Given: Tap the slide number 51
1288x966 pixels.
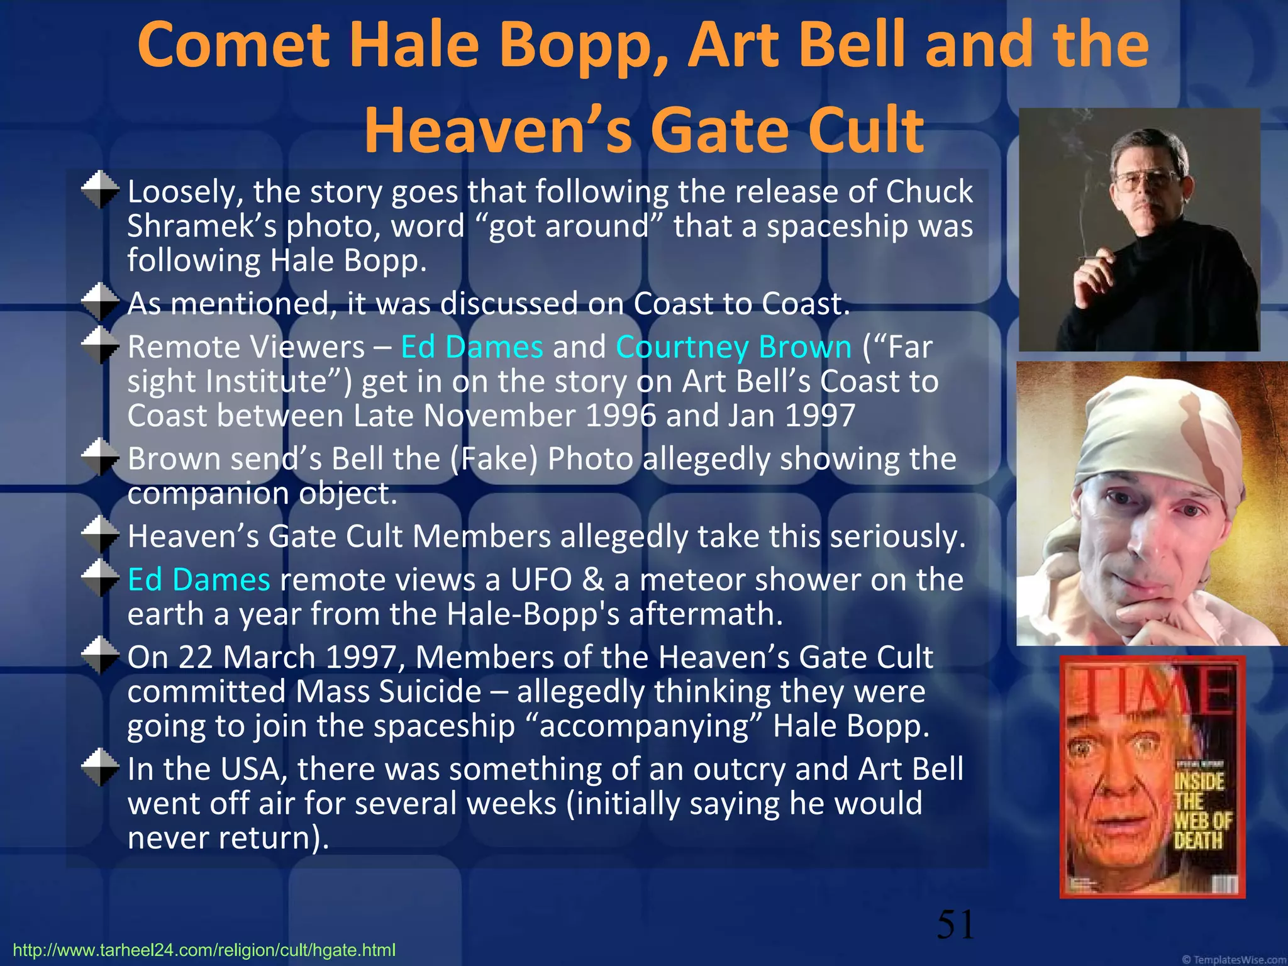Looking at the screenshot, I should pos(955,924).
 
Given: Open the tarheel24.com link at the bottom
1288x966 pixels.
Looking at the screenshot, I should pos(204,950).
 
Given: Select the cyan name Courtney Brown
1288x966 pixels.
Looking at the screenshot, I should pos(733,347).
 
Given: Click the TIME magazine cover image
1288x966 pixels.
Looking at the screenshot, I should pos(1152,777).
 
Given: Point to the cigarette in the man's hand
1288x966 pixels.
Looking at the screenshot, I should pos(1093,257).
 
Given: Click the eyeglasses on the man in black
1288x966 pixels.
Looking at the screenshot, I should pos(1146,181).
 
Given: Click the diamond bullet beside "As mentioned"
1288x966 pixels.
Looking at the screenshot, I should pos(100,303).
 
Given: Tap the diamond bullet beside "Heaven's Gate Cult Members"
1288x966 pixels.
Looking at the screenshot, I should pos(100,535).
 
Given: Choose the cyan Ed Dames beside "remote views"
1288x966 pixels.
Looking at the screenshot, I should pos(199,580).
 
